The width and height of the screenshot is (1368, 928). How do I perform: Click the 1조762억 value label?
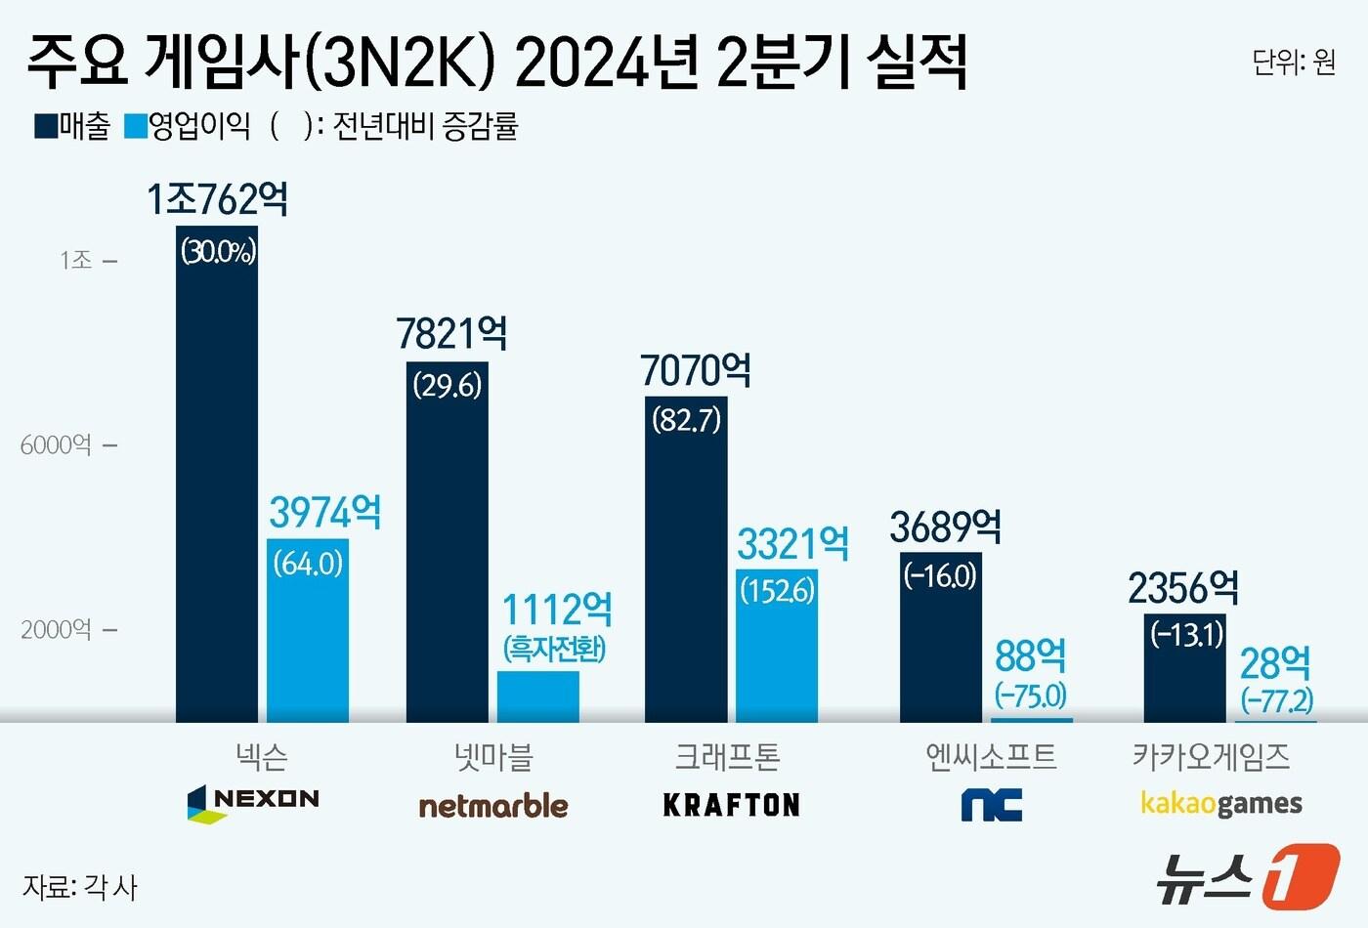pos(217,199)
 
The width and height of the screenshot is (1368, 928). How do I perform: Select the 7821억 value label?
pos(451,334)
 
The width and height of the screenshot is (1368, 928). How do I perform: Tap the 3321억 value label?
pos(792,544)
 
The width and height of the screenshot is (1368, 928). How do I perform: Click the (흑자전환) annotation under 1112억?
pos(555,649)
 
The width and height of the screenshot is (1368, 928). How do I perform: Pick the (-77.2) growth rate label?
pos(1276,699)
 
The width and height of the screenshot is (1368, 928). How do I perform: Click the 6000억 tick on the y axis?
pos(57,445)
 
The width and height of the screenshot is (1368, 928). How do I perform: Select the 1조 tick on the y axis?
pos(76,260)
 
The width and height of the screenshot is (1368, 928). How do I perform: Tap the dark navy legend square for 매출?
pos(45,126)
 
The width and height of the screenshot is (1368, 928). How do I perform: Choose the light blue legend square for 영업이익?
pos(135,126)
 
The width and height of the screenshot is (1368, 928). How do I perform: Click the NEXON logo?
pos(253,802)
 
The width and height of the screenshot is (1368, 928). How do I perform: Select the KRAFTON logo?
pos(731,805)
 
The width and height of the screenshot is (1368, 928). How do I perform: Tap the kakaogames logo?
pos(1221,804)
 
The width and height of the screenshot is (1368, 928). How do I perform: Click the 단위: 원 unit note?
pos(1294,63)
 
